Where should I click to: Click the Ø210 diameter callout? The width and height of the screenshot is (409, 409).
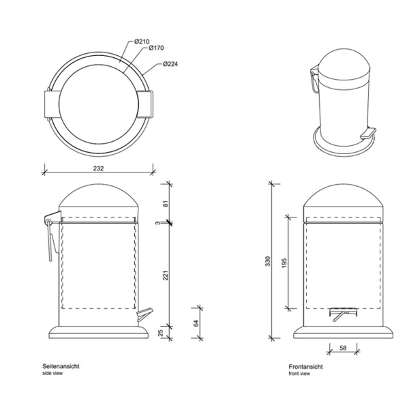tap(142, 42)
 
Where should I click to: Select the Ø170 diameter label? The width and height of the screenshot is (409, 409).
tap(156, 48)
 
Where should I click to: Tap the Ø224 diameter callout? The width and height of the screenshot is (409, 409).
tap(170, 64)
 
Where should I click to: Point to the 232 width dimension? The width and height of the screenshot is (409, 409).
tap(98, 168)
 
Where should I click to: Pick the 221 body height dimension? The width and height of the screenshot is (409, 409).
tap(166, 275)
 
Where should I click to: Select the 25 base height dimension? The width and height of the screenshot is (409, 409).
tap(161, 333)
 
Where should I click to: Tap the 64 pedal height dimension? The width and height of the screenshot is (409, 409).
tap(196, 323)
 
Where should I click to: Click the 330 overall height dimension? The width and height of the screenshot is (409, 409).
tap(268, 261)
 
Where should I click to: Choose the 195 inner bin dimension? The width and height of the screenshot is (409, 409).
tap(284, 263)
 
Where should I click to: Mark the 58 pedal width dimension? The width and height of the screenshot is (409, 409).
tap(344, 348)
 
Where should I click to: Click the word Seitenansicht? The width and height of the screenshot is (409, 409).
tap(61, 366)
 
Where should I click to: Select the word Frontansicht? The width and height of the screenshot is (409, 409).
tap(305, 367)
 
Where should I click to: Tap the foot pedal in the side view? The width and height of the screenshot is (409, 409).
tap(145, 314)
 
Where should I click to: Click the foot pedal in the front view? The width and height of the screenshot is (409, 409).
tap(343, 314)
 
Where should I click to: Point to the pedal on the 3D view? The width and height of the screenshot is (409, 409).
tap(368, 133)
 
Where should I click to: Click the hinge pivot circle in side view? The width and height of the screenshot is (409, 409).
tap(48, 222)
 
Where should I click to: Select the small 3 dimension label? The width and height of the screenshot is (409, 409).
tap(157, 223)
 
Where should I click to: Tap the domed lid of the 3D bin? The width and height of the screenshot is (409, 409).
tap(344, 67)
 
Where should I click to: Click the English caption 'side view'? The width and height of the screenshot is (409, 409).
tap(52, 374)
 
